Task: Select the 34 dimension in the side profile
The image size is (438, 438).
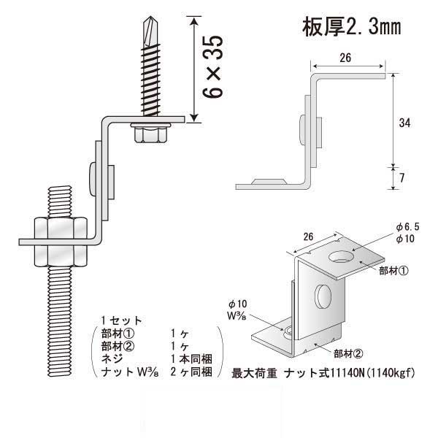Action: [404, 123]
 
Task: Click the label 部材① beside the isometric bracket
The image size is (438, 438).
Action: [392, 270]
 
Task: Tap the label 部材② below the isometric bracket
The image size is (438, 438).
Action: [347, 354]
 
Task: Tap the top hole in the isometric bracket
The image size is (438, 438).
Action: [340, 257]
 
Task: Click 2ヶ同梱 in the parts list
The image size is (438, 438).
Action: [191, 372]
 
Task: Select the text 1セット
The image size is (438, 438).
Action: [122, 320]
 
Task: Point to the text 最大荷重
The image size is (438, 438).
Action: [253, 373]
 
